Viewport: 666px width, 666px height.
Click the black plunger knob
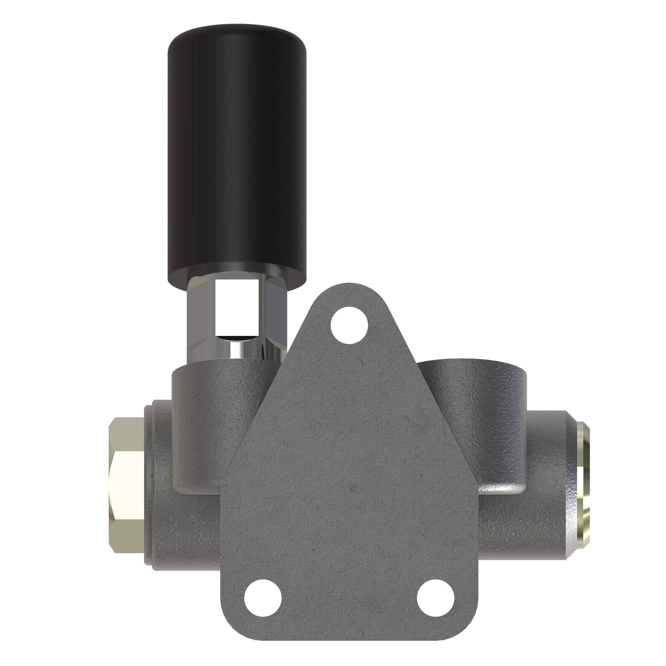pos(237,155)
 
